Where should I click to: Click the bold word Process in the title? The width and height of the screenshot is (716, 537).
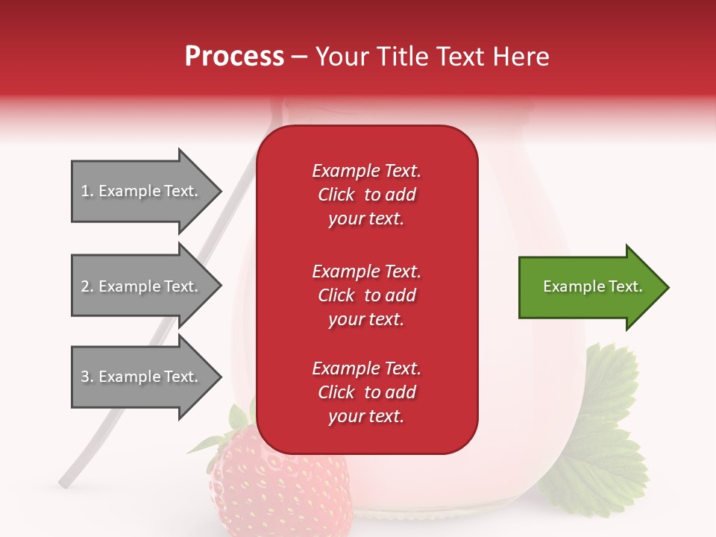tap(234, 57)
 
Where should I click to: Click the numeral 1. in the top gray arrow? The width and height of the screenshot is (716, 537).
tap(87, 191)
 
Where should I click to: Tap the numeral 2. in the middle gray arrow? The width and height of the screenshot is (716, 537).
tap(87, 286)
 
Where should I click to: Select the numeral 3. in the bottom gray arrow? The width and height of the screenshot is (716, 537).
tap(87, 377)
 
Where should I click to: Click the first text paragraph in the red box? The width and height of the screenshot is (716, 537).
tap(366, 195)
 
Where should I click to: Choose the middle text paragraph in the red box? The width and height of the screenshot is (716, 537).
tap(366, 295)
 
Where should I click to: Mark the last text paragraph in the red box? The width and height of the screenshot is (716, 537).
tap(366, 392)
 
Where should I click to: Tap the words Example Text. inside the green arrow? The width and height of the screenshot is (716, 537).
tap(592, 286)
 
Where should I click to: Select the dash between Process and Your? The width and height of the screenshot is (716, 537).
tap(300, 57)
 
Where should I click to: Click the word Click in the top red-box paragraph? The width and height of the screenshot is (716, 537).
tap(336, 195)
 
